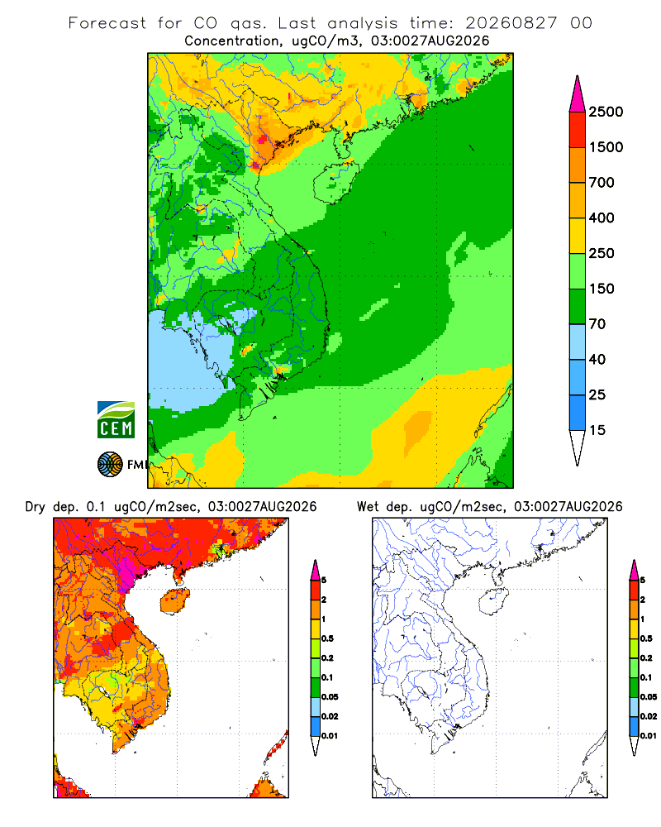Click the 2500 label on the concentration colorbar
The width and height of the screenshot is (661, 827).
(x=606, y=112)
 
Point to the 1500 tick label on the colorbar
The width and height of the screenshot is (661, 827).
(x=606, y=147)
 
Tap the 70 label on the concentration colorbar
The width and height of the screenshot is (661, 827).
(x=597, y=324)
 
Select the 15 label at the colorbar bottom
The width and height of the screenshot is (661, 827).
(x=597, y=430)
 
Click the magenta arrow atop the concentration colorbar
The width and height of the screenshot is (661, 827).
(x=578, y=95)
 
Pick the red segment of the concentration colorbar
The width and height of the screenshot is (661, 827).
(x=578, y=130)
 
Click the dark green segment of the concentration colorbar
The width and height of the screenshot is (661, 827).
(x=578, y=307)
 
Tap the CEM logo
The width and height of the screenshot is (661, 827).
(x=116, y=420)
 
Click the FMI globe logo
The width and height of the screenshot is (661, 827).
(x=110, y=465)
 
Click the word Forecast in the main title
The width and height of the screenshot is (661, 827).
(x=107, y=23)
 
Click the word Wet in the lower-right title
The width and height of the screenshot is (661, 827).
(x=368, y=507)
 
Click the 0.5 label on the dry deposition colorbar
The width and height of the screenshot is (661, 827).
(x=327, y=638)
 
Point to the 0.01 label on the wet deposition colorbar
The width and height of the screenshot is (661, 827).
(x=649, y=736)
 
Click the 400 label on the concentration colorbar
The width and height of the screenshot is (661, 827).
(x=602, y=218)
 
